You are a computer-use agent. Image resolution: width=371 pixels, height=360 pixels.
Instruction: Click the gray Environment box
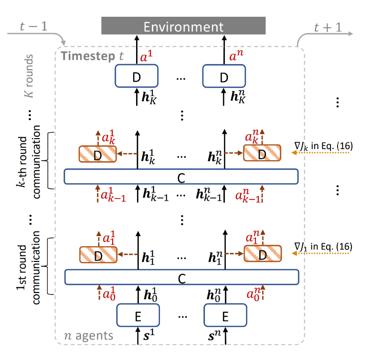[183, 26]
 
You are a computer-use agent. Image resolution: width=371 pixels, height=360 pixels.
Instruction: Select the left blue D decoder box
[137, 77]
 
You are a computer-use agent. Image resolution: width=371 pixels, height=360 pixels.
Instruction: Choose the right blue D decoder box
[224, 77]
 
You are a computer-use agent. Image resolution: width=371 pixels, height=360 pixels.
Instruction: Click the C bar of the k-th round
[181, 177]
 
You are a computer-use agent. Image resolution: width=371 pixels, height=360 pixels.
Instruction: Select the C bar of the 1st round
[181, 277]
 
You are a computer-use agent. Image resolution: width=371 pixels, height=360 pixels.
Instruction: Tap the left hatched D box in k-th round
[98, 154]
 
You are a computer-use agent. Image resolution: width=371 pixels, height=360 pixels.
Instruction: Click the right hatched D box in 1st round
[262, 256]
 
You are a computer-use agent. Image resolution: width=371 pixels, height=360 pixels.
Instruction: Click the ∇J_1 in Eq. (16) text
[323, 247]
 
